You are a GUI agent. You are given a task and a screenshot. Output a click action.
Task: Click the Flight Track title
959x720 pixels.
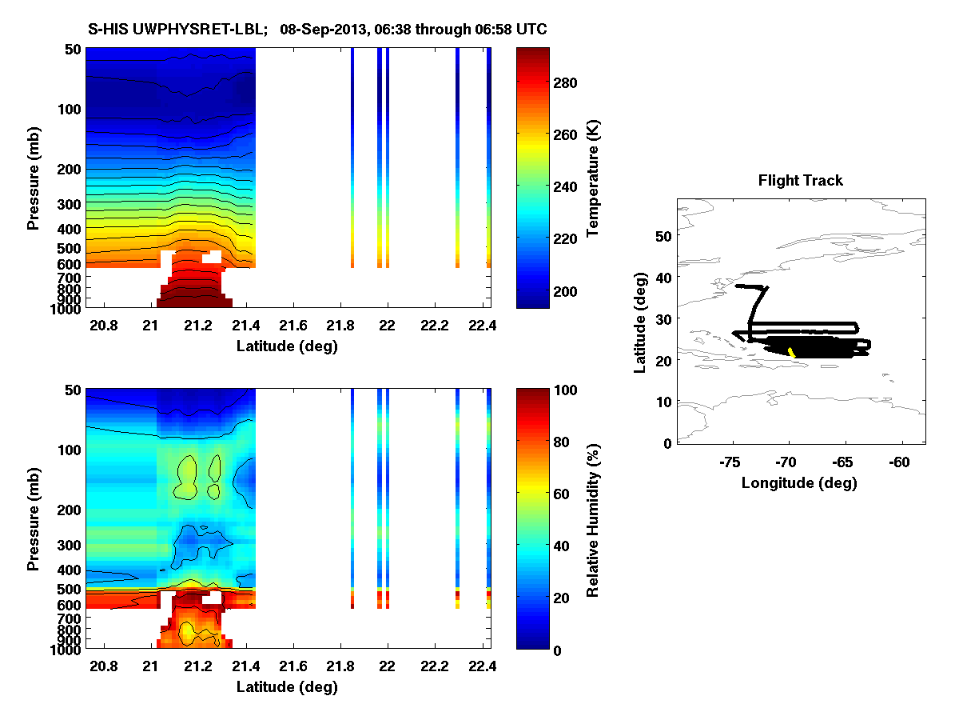(x=800, y=181)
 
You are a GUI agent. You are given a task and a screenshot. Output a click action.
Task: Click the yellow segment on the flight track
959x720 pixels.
(x=791, y=352)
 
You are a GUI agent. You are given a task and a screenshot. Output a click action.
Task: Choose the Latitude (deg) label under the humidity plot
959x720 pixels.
(x=287, y=687)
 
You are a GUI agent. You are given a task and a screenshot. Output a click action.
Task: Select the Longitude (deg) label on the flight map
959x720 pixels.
(x=799, y=482)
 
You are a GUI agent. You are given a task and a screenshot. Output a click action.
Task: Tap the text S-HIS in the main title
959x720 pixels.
(x=106, y=30)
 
